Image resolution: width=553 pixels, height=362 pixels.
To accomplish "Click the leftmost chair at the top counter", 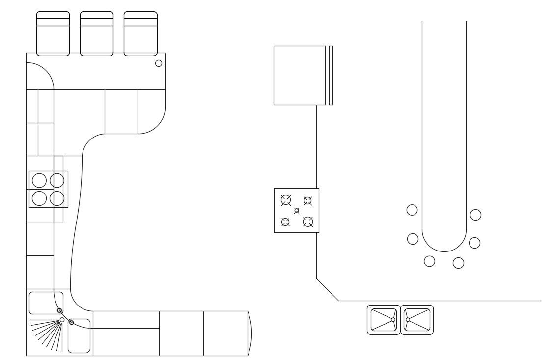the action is click(x=53, y=33).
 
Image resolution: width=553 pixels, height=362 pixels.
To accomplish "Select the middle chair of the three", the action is click(x=97, y=33).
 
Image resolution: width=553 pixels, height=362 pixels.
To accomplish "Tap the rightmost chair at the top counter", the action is click(x=140, y=33).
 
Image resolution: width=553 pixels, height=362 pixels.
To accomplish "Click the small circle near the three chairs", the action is click(x=159, y=63).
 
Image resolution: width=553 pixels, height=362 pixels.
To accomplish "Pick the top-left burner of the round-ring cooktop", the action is click(x=39, y=180).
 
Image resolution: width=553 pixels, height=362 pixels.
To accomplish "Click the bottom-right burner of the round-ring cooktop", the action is click(x=57, y=198).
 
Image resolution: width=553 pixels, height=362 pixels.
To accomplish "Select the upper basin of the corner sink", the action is click(x=46, y=303).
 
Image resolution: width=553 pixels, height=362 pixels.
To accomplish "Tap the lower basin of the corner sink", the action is click(x=79, y=336).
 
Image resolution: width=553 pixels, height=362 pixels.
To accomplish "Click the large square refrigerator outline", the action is click(x=300, y=75).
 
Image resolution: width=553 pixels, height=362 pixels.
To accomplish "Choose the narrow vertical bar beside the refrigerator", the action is click(x=331, y=75).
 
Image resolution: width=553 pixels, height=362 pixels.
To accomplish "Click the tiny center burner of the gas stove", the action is click(x=297, y=211).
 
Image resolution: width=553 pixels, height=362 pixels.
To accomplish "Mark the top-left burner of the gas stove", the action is click(x=286, y=199).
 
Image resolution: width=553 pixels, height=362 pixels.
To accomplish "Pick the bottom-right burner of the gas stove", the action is click(x=308, y=222).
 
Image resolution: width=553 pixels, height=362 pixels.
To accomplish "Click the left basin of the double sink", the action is click(x=384, y=320).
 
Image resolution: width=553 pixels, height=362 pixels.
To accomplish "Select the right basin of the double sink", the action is click(x=417, y=320).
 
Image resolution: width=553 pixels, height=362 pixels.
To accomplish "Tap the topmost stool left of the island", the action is click(x=412, y=210).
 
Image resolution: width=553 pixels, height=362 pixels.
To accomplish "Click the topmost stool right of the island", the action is click(x=475, y=215).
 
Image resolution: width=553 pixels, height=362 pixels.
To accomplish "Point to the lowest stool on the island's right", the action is click(x=458, y=263).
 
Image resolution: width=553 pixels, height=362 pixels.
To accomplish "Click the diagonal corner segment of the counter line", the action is click(x=328, y=290).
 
